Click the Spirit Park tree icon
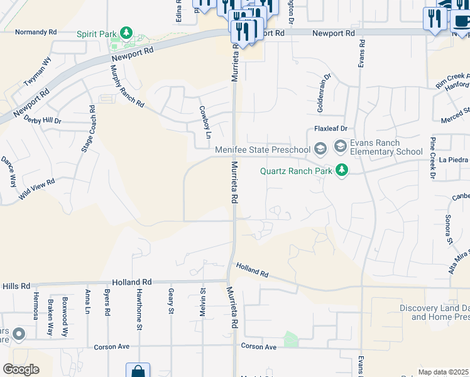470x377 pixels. (126, 31)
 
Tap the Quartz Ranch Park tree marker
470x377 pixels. (342, 170)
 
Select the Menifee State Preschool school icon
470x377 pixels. (320, 149)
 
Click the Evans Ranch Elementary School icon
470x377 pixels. (340, 146)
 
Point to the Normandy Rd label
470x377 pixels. (36, 31)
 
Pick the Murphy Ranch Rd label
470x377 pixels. (128, 85)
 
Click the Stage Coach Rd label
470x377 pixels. (88, 129)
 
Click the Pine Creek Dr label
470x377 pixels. (433, 157)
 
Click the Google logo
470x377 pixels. (21, 369)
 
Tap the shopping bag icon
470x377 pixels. (138, 371)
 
